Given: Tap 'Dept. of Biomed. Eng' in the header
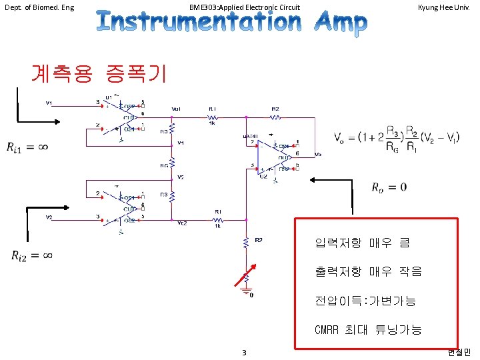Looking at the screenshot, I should point(39,7).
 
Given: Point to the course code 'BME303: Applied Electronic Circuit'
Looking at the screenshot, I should point(244,7).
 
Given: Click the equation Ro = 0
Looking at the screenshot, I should point(389,187).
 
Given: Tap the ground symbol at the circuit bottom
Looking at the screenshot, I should point(247,292).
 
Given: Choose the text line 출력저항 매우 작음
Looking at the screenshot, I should point(368,271).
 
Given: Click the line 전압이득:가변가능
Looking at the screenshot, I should point(365,301).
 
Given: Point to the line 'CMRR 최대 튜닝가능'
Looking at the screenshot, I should point(368,329).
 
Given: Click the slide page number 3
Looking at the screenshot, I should point(245,352).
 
